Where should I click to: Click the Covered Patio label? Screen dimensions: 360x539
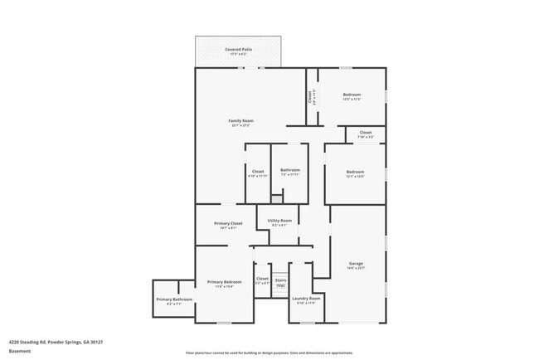click(240, 50)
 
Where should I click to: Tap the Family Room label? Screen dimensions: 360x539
click(241, 121)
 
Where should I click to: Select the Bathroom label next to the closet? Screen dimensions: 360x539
click(289, 171)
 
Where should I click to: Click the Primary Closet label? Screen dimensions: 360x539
click(228, 224)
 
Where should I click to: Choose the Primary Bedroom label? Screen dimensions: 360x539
click(225, 282)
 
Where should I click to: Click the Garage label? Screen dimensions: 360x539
click(356, 264)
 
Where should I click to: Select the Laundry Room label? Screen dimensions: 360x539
click(306, 298)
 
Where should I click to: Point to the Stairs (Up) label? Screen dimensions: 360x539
click(280, 281)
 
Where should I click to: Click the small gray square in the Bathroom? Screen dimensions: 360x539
click(277, 198)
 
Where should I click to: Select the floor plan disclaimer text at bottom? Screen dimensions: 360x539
click(269, 352)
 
